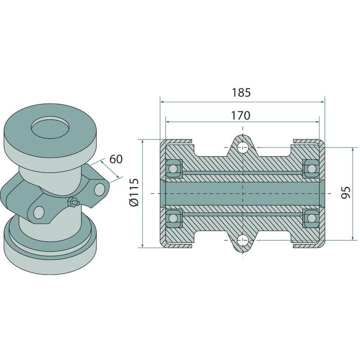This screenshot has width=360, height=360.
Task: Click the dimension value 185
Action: pos(241,93)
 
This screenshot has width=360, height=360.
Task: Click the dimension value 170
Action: pos(240,116)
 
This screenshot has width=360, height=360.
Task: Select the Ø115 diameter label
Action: pos(134,193)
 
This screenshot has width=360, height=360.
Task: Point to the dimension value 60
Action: pos(116,159)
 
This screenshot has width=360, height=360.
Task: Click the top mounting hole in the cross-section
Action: pos(243,148)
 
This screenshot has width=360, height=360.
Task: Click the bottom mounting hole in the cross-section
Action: pos(243,240)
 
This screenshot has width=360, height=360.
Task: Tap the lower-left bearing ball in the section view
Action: pos(173,217)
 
